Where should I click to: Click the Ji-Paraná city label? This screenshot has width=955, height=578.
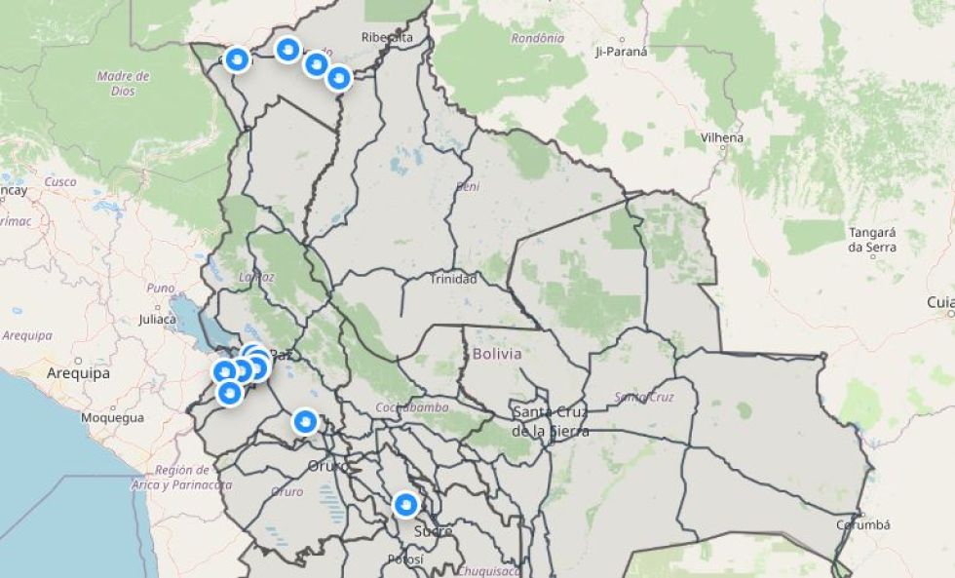click(x=621, y=52)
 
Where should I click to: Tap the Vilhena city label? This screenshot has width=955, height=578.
click(x=720, y=137)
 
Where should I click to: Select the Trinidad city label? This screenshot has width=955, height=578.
click(x=454, y=279)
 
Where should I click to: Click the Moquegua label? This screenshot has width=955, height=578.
click(x=112, y=417)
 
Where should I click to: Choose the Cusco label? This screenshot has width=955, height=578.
click(x=60, y=181)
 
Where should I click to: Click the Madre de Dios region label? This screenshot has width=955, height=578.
click(x=123, y=83)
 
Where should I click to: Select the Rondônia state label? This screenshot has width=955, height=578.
click(x=537, y=38)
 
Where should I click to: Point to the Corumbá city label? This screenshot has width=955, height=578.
click(x=863, y=524)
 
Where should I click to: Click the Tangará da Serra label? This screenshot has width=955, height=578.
click(x=871, y=240)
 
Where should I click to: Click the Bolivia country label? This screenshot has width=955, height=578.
click(x=497, y=354)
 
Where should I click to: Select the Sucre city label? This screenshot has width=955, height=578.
click(x=433, y=531)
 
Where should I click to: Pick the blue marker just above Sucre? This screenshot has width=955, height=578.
click(x=405, y=505)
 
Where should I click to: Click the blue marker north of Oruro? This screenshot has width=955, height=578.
click(x=305, y=421)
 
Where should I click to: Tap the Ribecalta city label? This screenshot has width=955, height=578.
click(x=387, y=37)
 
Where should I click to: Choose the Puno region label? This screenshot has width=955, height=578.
click(x=160, y=289)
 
